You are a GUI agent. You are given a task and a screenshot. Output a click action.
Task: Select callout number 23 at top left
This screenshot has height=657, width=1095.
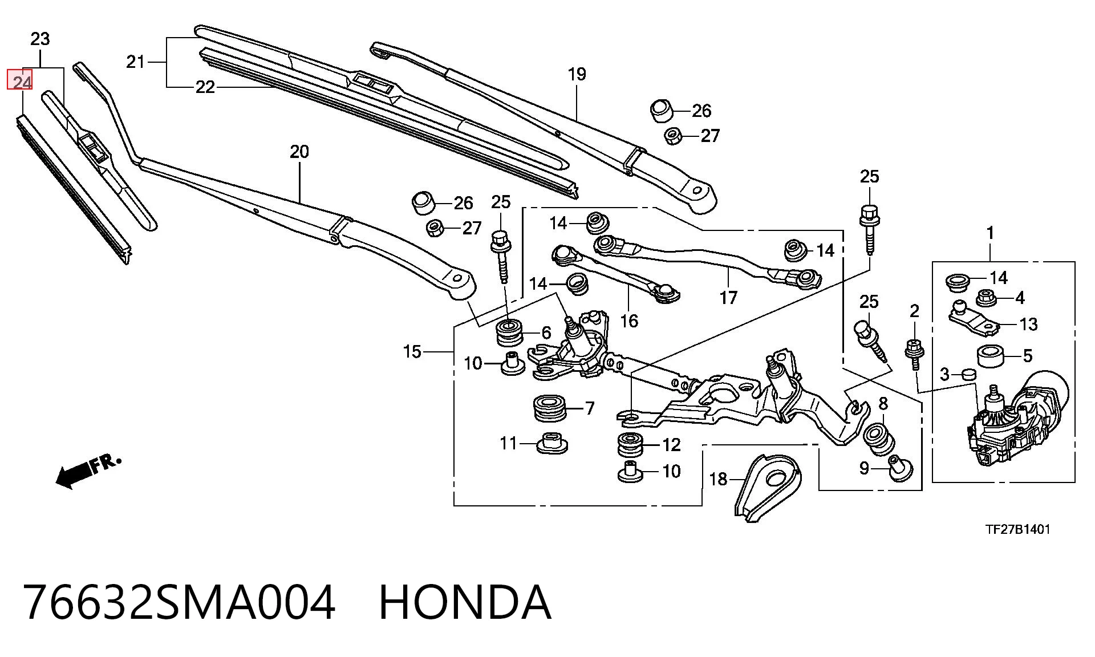40,39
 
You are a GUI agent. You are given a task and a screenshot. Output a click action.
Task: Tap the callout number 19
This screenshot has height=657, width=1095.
577,74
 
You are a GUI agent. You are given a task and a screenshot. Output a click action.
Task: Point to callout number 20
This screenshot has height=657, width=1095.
299,152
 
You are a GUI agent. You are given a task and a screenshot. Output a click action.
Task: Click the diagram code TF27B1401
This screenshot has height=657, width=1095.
1018,529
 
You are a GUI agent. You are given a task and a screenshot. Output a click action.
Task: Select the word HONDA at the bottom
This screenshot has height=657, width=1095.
465,602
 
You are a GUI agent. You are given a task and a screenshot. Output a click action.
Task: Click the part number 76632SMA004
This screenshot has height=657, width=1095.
179,602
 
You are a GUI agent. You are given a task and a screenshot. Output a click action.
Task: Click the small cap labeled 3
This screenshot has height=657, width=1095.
970,374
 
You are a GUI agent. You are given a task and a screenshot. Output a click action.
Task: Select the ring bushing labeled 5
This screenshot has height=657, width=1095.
991,356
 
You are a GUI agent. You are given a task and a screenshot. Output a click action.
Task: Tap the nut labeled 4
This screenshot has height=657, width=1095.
987,297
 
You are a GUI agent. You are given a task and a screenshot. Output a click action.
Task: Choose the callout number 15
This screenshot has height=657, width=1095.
412,352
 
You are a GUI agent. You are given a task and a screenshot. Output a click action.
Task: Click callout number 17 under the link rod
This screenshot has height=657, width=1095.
728,298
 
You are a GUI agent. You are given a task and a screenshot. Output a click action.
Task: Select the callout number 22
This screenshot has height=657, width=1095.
205,87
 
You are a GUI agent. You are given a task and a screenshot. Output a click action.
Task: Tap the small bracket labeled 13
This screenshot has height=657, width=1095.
974,318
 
